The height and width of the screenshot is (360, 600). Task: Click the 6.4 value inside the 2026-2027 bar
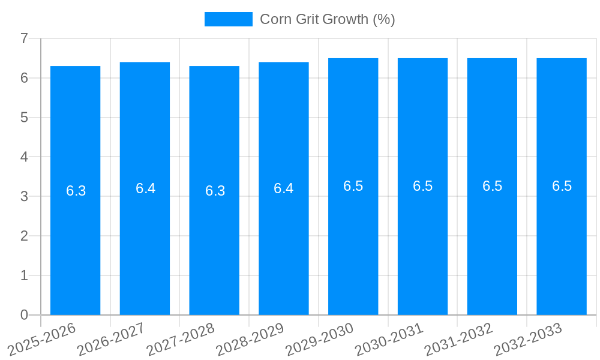(145, 188)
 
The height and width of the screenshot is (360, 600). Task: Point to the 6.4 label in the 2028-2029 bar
(283, 188)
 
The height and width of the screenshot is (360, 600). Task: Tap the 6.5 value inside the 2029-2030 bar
(353, 186)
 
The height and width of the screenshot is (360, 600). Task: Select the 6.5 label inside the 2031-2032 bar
(492, 186)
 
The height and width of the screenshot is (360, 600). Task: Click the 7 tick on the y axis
(24, 39)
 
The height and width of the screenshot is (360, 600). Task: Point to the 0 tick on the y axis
(24, 315)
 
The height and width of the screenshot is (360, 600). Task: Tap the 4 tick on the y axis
(24, 157)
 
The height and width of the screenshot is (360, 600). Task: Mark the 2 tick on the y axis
(24, 236)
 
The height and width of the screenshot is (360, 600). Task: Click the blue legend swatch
(228, 19)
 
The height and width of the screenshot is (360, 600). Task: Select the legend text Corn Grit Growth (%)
(327, 19)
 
